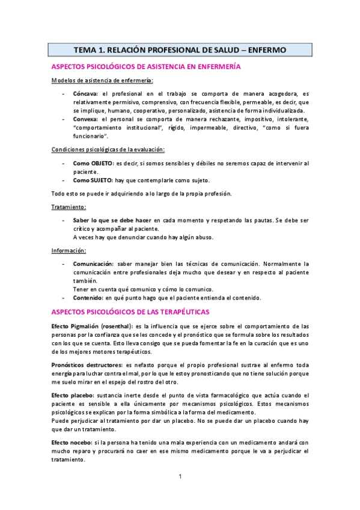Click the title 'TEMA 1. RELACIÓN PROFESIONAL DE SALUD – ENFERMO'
pos(180,49)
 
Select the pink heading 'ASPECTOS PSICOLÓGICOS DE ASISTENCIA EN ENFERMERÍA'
pos(146,67)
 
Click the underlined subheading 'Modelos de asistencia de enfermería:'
pos(102,81)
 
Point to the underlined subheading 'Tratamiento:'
pos(69,207)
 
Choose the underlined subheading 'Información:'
pos(69,250)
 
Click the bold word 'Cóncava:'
pos(86,94)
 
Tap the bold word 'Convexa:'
pos(87,120)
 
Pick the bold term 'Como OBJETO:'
pos(93,164)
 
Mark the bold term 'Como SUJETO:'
pos(92,179)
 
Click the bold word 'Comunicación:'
pos(93,264)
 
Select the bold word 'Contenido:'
pos(88,298)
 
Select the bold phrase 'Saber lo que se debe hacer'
pos(112,221)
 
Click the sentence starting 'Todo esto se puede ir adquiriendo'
pos(139,193)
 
